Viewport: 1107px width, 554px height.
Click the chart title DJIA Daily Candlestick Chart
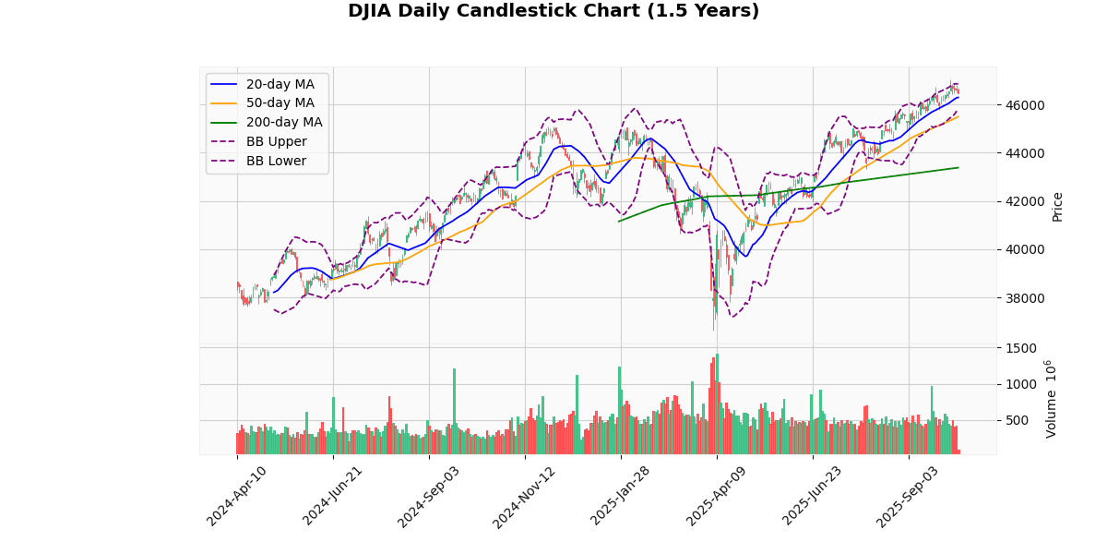553,11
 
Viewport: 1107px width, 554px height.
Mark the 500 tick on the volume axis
1018,421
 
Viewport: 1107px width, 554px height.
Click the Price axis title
1058,206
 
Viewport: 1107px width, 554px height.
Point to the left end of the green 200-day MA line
618,221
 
